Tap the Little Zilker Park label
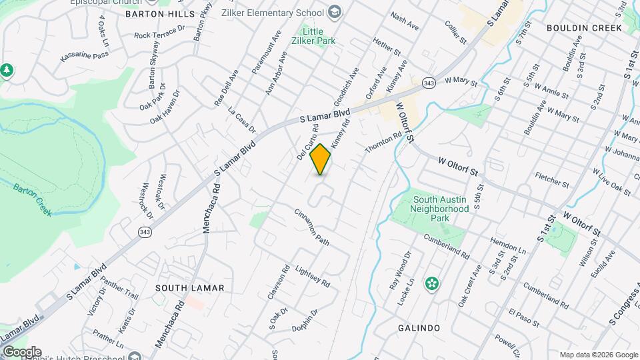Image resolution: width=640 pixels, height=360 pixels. tap(318, 36)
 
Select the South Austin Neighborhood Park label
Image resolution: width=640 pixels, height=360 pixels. tap(441, 209)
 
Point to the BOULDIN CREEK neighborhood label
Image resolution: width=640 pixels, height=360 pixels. tap(583, 28)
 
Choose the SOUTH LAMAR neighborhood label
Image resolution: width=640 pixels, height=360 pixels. tap(189, 288)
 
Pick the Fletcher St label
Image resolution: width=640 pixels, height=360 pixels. tap(552, 180)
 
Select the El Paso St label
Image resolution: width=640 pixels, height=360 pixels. tap(523, 317)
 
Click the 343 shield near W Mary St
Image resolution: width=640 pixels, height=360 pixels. tap(429, 83)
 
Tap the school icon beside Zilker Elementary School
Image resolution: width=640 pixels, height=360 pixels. tap(335, 12)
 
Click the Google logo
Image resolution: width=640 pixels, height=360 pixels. tap(21, 352)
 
